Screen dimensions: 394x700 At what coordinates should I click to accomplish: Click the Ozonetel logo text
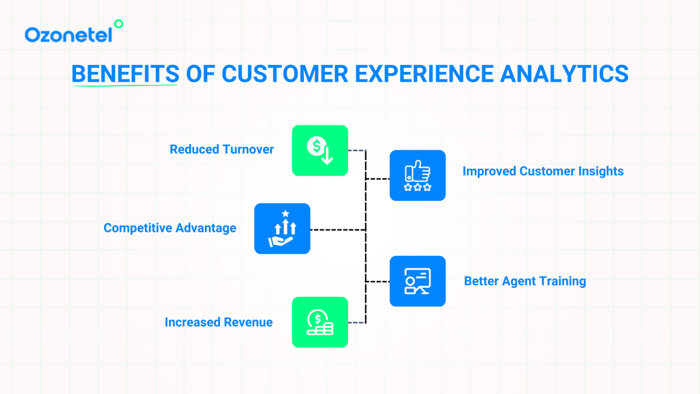coord(68,35)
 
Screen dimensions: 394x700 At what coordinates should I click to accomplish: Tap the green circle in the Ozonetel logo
coord(118,24)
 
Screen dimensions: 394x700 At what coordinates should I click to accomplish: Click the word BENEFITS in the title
coord(125,74)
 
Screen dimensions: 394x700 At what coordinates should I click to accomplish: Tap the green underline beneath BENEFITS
coord(125,86)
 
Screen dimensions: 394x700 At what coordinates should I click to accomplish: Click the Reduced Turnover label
coord(222,149)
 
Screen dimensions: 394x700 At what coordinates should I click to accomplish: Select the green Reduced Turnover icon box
coord(320,151)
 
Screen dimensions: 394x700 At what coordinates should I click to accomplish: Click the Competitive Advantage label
coord(170,228)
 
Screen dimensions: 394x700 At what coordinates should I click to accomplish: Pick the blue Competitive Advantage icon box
coord(282,228)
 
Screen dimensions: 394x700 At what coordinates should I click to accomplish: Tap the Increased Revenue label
coord(219,322)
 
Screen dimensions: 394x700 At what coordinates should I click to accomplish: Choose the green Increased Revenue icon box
coord(320,322)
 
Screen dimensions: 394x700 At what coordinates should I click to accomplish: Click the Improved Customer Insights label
coord(542,171)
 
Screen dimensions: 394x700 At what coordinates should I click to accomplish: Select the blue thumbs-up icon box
coord(417,175)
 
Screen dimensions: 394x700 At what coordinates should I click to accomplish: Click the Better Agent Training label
coord(524,281)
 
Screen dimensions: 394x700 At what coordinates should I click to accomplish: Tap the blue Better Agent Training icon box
coord(417,281)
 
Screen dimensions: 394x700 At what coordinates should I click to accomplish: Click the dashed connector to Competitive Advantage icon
coord(337,230)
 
